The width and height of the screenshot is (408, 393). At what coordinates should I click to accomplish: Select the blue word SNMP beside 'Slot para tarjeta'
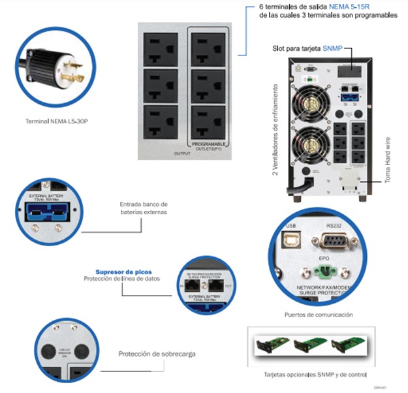(351, 48)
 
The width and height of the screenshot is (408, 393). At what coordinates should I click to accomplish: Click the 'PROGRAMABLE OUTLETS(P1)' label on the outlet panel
(208, 145)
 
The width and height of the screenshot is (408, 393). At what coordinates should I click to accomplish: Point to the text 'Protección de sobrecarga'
(157, 354)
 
